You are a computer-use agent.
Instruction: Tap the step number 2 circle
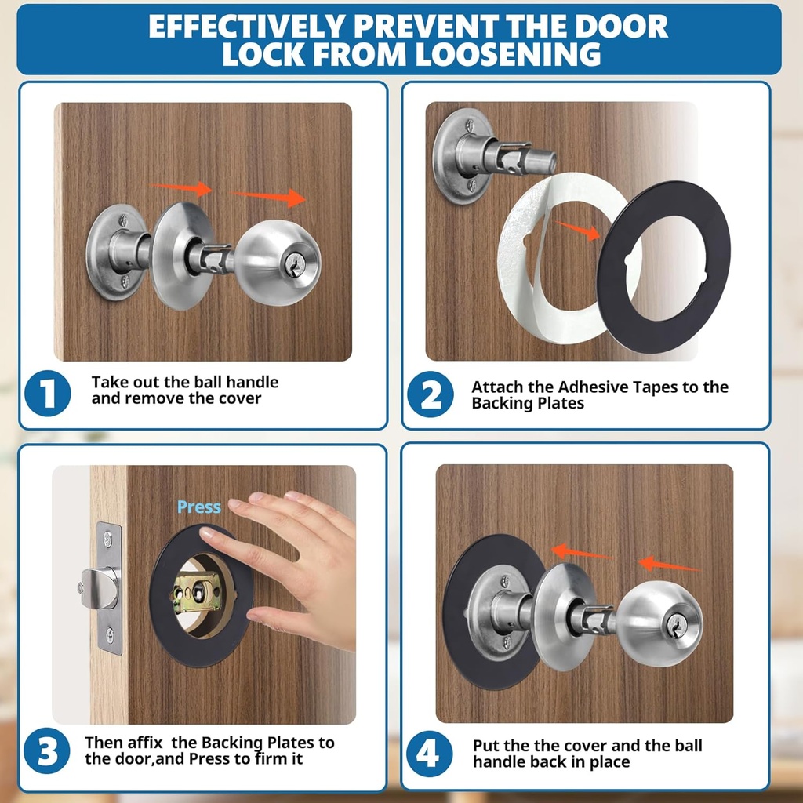[431, 394]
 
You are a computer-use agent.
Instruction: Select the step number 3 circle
[48, 750]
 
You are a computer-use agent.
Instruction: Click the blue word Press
[199, 507]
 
